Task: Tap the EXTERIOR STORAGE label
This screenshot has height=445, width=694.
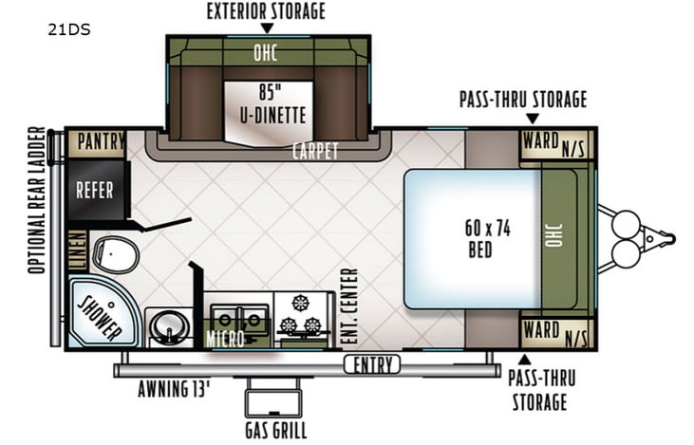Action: coord(266,11)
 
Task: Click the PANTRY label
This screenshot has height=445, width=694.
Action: coord(101,142)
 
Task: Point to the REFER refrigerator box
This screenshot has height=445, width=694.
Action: coord(95,191)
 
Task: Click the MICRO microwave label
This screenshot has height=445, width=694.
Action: coord(225,339)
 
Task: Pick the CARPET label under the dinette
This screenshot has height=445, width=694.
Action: coord(315,151)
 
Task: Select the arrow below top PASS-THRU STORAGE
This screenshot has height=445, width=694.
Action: coord(533,119)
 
